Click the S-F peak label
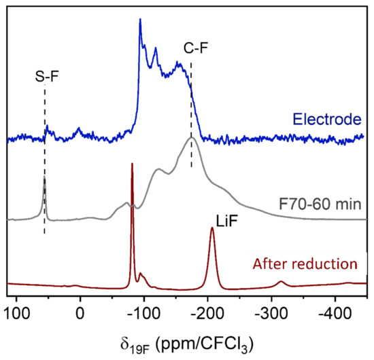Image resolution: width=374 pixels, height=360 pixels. tap(47, 78)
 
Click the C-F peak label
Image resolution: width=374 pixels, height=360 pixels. tap(192, 48)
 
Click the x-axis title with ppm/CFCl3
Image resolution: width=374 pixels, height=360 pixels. tap(186, 340)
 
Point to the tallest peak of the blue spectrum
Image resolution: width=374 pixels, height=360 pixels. tap(139, 20)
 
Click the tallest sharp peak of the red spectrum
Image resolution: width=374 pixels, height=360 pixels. tap(132, 164)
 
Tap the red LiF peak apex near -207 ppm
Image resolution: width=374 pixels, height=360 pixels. tap(212, 228)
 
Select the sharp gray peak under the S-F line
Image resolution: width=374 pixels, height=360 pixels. tap(44, 178)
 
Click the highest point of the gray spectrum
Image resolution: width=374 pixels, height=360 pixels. tap(192, 138)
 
